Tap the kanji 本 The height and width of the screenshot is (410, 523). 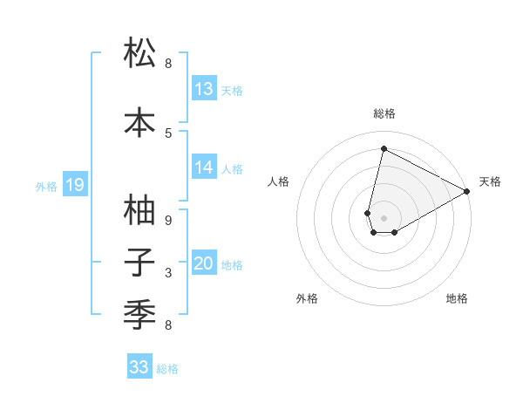point(140,121)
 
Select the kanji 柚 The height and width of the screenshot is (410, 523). point(140,210)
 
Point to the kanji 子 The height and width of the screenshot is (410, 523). point(140,262)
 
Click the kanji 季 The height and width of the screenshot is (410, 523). point(140,312)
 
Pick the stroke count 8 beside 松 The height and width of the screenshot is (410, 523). point(168,64)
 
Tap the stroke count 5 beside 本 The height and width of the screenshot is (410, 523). point(168,133)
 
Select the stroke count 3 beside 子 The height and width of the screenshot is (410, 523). point(168,273)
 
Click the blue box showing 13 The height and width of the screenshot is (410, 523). point(204,89)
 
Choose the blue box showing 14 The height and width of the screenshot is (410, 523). point(204,167)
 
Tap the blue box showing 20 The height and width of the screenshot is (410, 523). point(204,264)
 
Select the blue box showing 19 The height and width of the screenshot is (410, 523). point(74,185)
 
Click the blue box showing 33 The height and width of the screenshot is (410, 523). point(139,367)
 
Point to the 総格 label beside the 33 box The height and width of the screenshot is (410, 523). point(167,369)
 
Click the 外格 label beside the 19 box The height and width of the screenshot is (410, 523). point(46,186)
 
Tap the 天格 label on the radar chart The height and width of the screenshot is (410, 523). point(490,181)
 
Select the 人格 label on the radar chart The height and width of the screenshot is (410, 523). point(279,181)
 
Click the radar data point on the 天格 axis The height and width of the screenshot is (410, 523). point(467,192)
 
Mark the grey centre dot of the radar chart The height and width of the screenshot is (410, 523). point(384,218)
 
